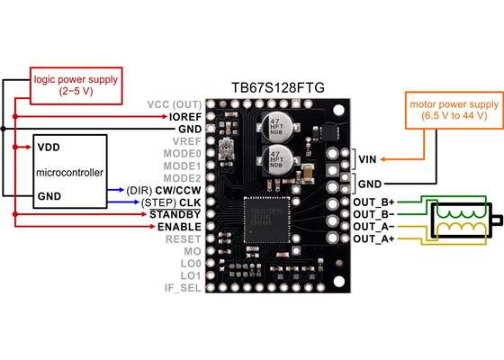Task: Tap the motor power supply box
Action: pyautogui.click(x=447, y=109)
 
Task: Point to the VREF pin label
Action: pyautogui.click(x=184, y=141)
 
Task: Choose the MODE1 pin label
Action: pyautogui.click(x=182, y=166)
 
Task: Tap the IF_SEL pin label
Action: pyautogui.click(x=182, y=289)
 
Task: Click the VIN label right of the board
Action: pyautogui.click(x=368, y=159)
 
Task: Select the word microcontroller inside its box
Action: pyautogui.click(x=69, y=170)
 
